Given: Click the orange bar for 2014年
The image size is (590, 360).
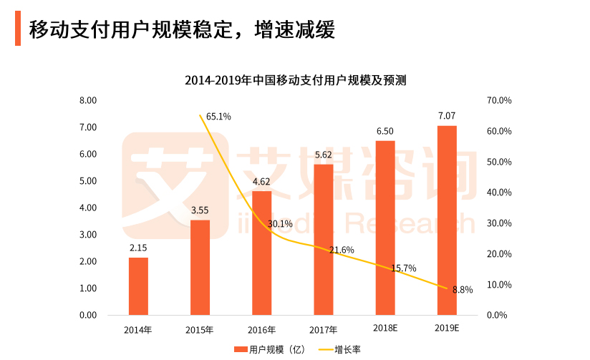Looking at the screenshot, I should point(138,286).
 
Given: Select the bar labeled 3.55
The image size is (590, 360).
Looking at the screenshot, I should point(200,268).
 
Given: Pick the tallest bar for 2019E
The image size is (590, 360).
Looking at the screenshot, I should point(447,220).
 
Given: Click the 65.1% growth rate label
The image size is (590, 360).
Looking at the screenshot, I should point(218,116).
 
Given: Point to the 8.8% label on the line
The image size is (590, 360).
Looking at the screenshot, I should point(463,290).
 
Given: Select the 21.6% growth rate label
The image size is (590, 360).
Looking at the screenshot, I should point(342,250).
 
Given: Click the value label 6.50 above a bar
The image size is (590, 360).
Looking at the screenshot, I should point(385,131).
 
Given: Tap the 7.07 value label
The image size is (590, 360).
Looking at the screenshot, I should point(447,115).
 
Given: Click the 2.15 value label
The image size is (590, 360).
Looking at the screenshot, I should point(138,248).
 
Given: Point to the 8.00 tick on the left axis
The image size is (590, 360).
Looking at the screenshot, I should point(88,101).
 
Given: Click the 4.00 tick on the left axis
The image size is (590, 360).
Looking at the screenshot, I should point(88,208).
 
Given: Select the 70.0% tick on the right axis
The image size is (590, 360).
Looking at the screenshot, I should point(499,101).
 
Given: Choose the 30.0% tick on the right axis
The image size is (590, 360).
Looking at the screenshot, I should point(499,223).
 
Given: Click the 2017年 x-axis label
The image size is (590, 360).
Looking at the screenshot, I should point(324,330).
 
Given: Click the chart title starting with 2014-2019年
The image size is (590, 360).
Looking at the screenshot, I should point(295,80).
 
